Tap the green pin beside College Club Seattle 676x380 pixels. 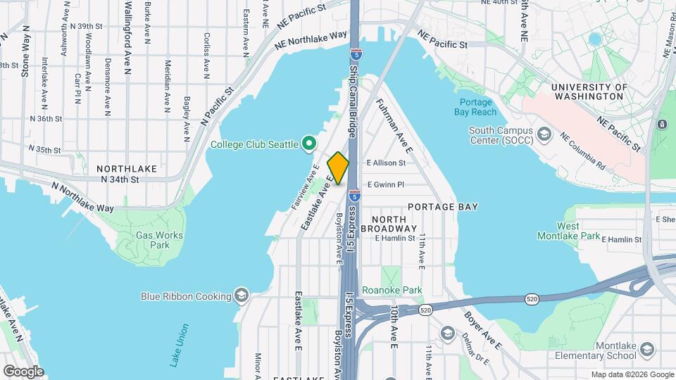point(308,144)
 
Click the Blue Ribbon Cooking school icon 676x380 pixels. point(242,296)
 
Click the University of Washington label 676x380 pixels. point(589,91)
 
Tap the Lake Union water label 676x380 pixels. point(180,345)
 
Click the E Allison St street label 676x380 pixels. point(386,163)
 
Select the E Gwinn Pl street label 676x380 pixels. point(385,184)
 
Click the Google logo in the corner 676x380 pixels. point(23,371)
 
